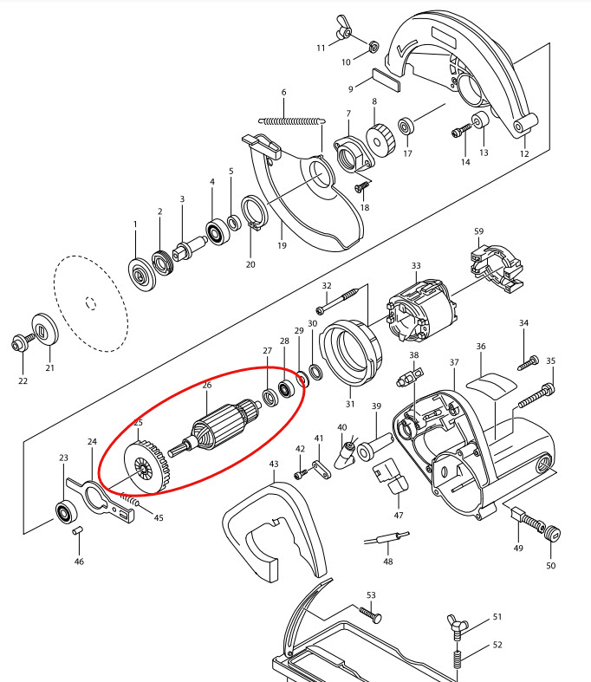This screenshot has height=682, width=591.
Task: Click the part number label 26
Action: point(206,385)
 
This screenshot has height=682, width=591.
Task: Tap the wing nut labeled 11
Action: point(341,31)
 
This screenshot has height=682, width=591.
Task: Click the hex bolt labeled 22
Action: point(20,342)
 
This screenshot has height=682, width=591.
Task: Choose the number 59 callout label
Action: point(478,231)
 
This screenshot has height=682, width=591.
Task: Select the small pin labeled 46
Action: point(77,529)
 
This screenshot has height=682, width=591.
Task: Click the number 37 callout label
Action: point(453,361)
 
